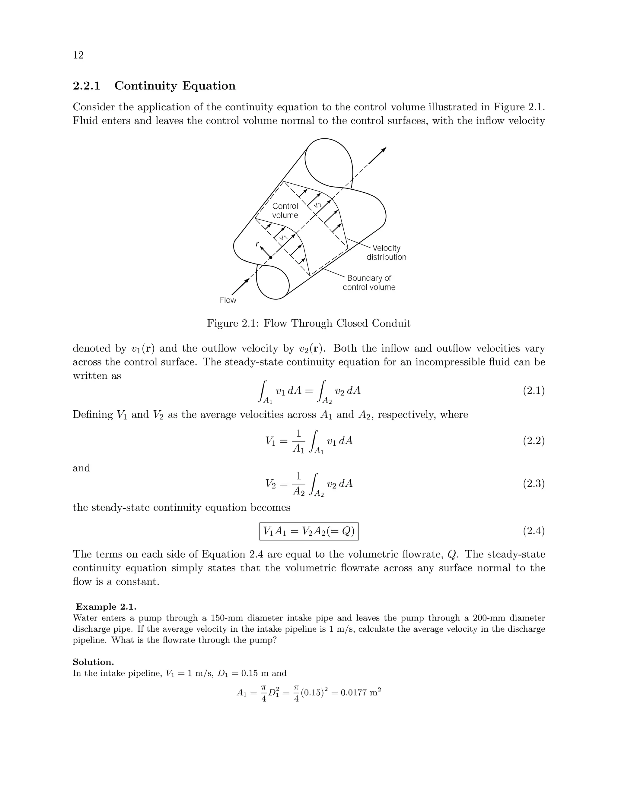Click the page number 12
78,55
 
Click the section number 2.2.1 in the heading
86,86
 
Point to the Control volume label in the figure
285,211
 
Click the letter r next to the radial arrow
257,244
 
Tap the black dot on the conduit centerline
271,257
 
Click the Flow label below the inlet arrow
228,300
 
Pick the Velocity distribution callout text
386,253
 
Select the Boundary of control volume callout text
369,283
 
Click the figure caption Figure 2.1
309,324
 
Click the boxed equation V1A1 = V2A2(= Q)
309,531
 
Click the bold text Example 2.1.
106,607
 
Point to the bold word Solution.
93,662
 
